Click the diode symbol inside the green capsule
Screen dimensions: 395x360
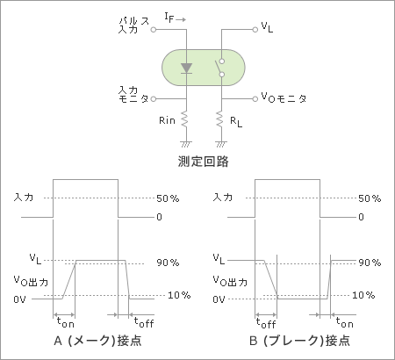[x=186, y=68]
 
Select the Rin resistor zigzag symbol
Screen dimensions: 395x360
[x=184, y=119]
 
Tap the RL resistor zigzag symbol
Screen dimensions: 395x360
[x=219, y=119]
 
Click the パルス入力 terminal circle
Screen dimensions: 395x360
[x=154, y=30]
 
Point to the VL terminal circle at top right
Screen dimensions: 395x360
[x=255, y=30]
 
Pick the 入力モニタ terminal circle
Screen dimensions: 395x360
[x=154, y=99]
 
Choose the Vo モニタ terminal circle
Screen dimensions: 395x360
[x=255, y=99]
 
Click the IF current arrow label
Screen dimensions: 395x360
[x=175, y=18]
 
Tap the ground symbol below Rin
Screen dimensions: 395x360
[x=186, y=144]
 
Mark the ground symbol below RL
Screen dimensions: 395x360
[x=221, y=144]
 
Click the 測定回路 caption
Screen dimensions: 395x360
[x=204, y=162]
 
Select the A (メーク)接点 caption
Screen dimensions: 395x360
[x=98, y=341]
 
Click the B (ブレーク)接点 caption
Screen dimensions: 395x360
[x=299, y=341]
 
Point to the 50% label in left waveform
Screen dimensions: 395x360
[x=168, y=198]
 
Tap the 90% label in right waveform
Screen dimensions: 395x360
[x=370, y=263]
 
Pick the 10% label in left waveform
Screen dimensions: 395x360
[x=179, y=295]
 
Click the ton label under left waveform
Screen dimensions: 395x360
[x=66, y=322]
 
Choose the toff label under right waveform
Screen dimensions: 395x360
[x=266, y=323]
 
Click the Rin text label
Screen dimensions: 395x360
[x=167, y=120]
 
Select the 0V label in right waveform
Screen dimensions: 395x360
[x=219, y=299]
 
